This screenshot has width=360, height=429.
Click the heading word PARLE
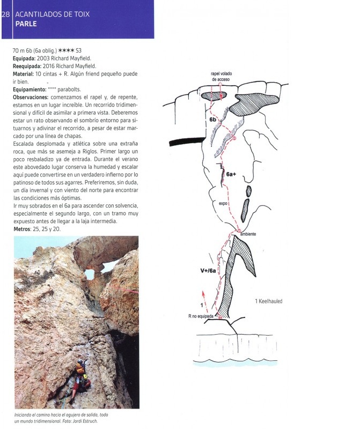tap(27, 24)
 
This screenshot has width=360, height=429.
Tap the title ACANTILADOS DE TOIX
tap(52, 14)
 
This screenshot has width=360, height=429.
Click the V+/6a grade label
tap(204, 271)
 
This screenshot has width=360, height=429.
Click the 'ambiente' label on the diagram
tap(248, 234)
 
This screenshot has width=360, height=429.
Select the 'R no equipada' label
tap(201, 317)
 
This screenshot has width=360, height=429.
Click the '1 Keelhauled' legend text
tap(268, 301)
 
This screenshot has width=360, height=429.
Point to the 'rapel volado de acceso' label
tap(220, 77)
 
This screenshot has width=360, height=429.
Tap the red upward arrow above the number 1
tap(203, 294)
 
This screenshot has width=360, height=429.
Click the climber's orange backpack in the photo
tap(80, 369)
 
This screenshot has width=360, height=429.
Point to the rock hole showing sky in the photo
tap(90, 275)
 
